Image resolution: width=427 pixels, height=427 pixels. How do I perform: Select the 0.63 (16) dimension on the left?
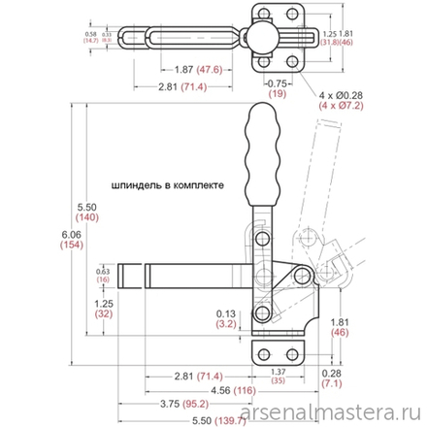pyautogui.click(x=103, y=275)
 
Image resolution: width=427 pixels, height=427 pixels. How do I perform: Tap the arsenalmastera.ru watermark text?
pyautogui.click(x=335, y=415)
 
